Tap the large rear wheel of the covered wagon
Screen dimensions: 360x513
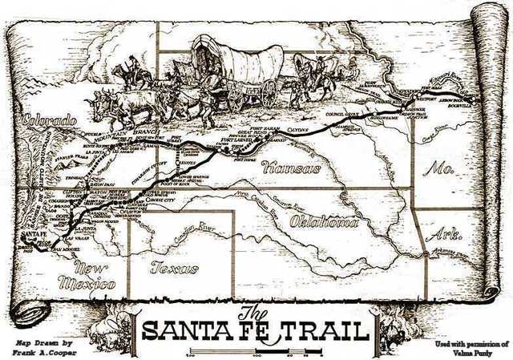269,94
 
